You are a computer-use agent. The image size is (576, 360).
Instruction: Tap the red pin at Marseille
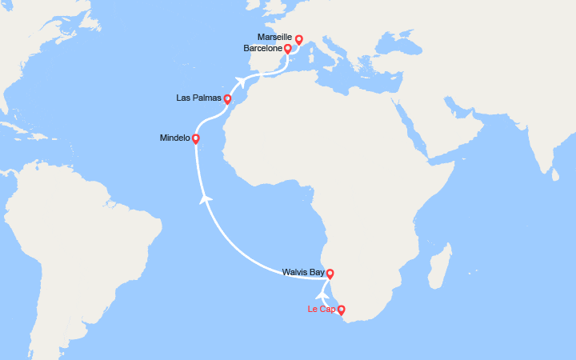[x=299, y=39]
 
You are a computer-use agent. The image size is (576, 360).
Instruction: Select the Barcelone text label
[x=262, y=48]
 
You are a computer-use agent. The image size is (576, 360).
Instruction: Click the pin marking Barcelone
[x=287, y=50]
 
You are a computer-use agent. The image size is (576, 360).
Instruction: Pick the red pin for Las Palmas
[x=227, y=100]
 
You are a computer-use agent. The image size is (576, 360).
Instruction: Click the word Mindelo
[x=174, y=138]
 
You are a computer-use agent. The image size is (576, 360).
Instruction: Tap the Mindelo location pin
[x=196, y=139]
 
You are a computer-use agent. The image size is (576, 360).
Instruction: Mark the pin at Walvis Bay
[x=330, y=274]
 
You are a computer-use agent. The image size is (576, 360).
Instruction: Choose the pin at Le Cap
[x=342, y=310]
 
